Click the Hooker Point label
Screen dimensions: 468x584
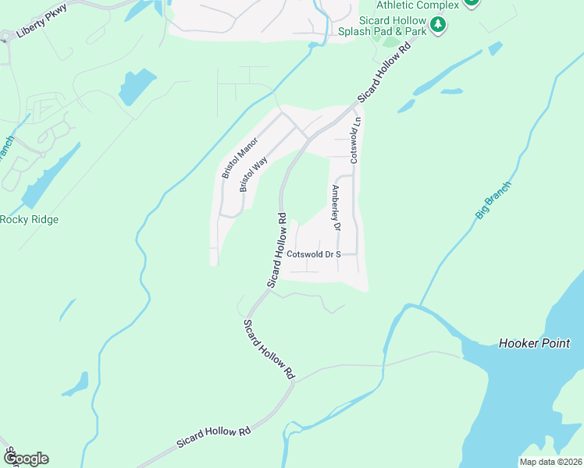pyautogui.click(x=535, y=343)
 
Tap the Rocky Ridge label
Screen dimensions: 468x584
pyautogui.click(x=29, y=219)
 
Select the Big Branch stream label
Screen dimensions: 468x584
pyautogui.click(x=493, y=201)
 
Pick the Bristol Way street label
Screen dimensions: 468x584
pyautogui.click(x=254, y=174)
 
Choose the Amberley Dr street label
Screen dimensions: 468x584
pyautogui.click(x=336, y=207)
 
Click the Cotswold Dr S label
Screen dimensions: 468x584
pyautogui.click(x=315, y=254)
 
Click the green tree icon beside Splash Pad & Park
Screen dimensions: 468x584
pyautogui.click(x=439, y=25)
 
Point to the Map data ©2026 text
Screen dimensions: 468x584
pyautogui.click(x=551, y=461)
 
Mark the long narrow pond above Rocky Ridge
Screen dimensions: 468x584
pyautogui.click(x=51, y=176)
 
